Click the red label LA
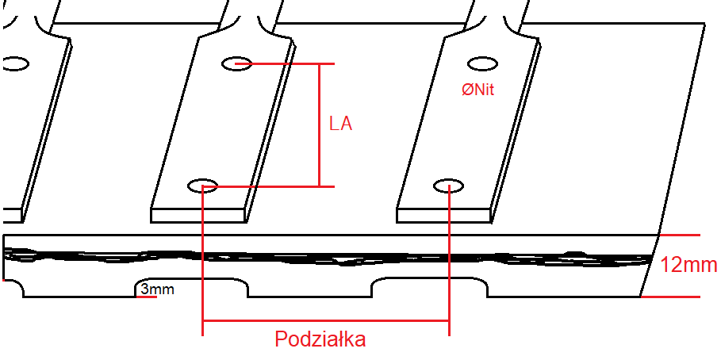coord(340,124)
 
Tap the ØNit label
coord(477,90)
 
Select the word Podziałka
coord(320,339)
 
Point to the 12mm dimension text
coord(688,265)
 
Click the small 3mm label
coord(157,290)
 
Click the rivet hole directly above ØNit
coord(482,63)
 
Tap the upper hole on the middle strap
coord(237,63)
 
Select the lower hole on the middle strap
coord(202,186)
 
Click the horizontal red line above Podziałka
coord(326,320)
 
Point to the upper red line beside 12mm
coord(681,236)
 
